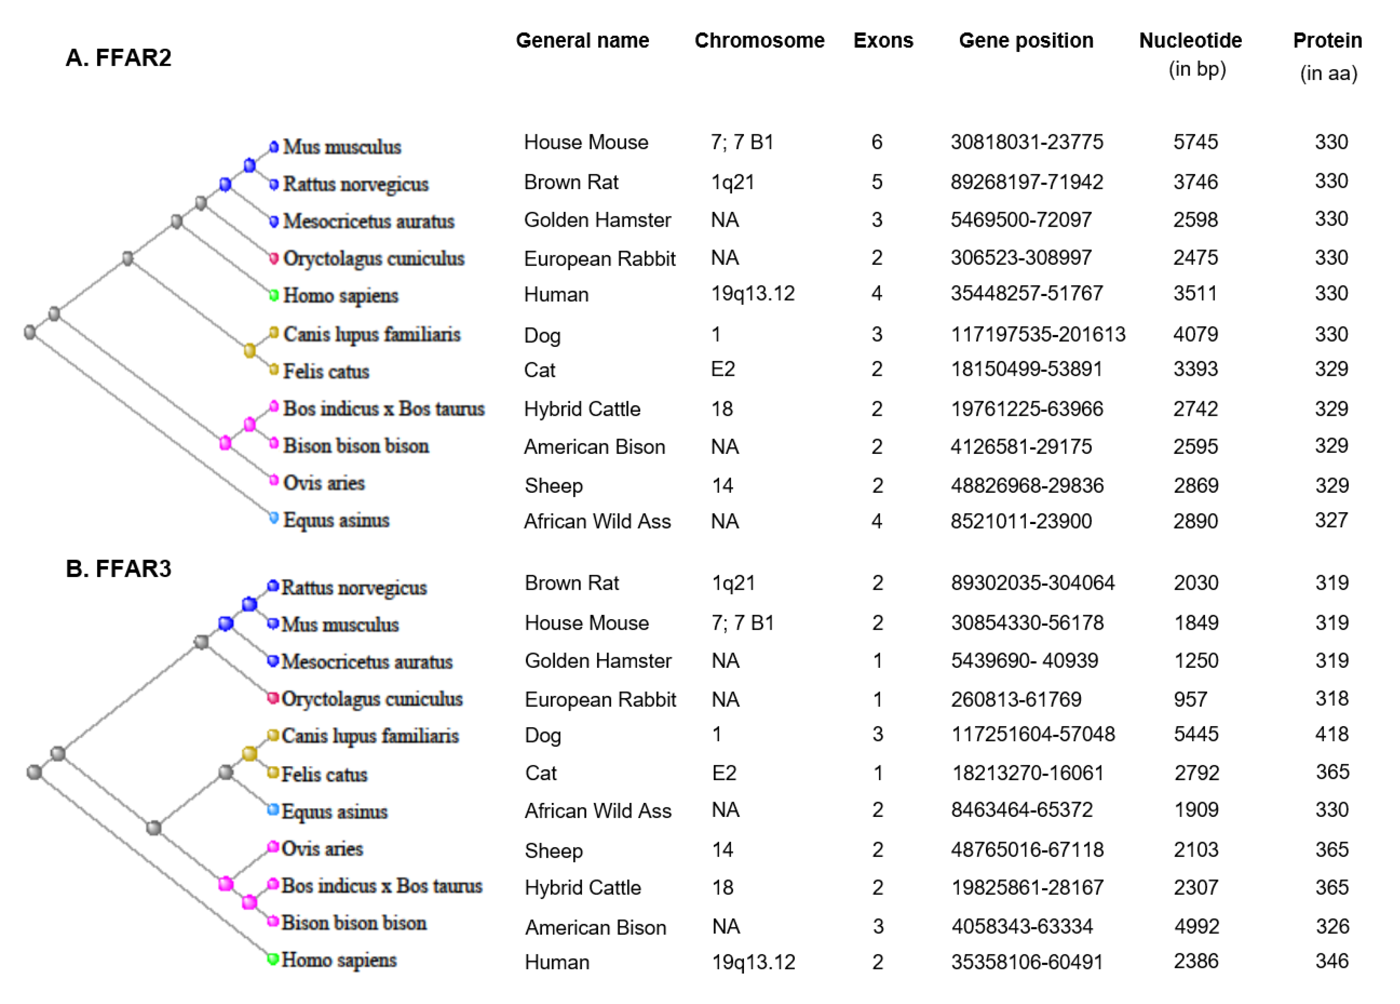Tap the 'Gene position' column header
pos(1026,41)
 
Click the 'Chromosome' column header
pos(759,41)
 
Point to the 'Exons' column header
pos(884,41)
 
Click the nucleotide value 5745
pos(1195,142)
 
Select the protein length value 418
pos(1331,734)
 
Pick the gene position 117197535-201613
pos(1038,335)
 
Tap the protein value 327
pos(1331,520)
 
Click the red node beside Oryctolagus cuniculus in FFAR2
pos(273,258)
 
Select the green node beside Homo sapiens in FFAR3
pos(272,959)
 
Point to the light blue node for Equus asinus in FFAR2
pos(273,518)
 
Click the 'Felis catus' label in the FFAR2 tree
pos(326,372)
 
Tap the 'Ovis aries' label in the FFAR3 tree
pos(322,849)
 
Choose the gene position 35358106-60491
pos(1026,962)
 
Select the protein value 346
pos(1331,961)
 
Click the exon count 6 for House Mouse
pos(876,142)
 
